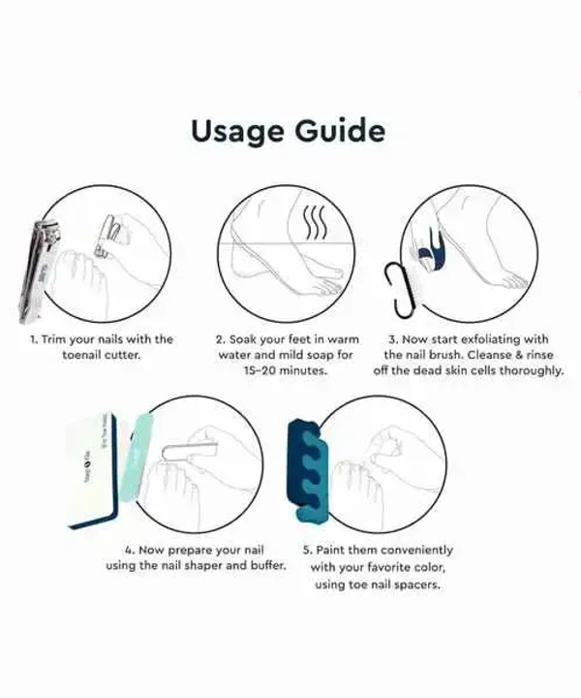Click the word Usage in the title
tap(238, 131)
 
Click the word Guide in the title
tap(340, 130)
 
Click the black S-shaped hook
tap(400, 289)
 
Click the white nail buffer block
tap(92, 471)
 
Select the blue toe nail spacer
tap(308, 470)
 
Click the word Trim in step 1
tap(53, 339)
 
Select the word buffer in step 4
tap(268, 565)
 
